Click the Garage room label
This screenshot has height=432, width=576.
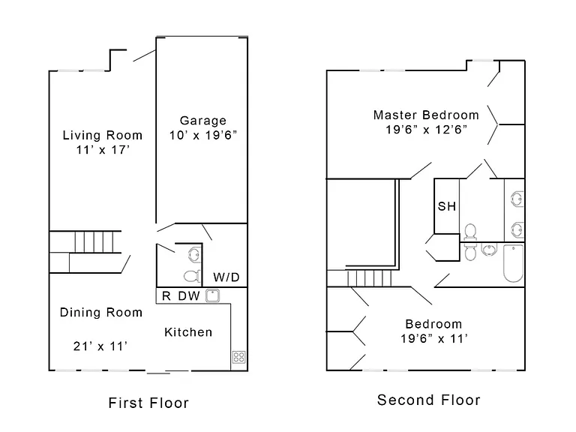click(x=202, y=121)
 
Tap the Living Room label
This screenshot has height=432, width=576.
click(x=103, y=135)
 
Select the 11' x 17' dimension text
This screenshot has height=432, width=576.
click(x=103, y=150)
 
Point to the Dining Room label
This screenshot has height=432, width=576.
click(x=101, y=312)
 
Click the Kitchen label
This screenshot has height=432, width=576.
click(x=188, y=332)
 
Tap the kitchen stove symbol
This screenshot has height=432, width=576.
click(x=238, y=357)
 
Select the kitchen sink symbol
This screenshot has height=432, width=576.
click(x=212, y=295)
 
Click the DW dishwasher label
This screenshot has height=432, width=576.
click(x=189, y=295)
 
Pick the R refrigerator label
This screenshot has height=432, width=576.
click(x=166, y=295)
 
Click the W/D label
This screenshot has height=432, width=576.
click(x=226, y=277)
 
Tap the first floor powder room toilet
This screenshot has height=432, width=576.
click(x=192, y=276)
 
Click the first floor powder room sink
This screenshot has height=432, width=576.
click(x=194, y=254)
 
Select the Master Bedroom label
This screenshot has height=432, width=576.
click(x=426, y=115)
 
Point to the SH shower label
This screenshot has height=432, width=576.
click(x=447, y=206)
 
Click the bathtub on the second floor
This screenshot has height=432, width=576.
click(x=513, y=264)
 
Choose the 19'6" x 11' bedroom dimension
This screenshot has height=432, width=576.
click(x=433, y=338)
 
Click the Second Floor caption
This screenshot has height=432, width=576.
click(x=429, y=400)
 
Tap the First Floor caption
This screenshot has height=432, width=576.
click(x=148, y=403)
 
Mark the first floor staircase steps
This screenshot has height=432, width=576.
click(x=94, y=241)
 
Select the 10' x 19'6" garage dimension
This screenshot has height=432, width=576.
click(x=202, y=135)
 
